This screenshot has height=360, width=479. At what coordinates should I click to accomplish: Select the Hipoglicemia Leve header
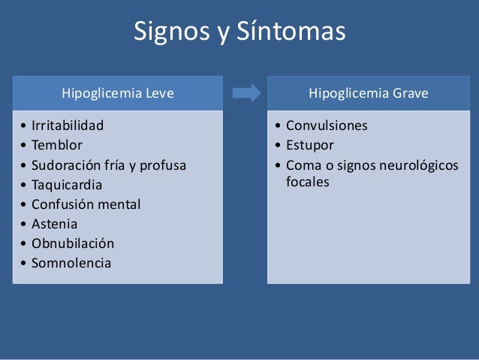[117, 94]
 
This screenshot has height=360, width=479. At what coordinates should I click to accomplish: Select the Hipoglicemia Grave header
[369, 94]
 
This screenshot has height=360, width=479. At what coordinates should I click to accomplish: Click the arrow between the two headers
[246, 93]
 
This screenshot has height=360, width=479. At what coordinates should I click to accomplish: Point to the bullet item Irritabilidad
[68, 125]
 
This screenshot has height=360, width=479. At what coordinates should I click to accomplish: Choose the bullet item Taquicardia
[66, 184]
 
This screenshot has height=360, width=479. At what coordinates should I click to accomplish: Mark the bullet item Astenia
[54, 223]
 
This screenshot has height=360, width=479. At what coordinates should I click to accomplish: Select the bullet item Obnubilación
[73, 243]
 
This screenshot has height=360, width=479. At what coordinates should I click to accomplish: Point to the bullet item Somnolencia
[71, 263]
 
